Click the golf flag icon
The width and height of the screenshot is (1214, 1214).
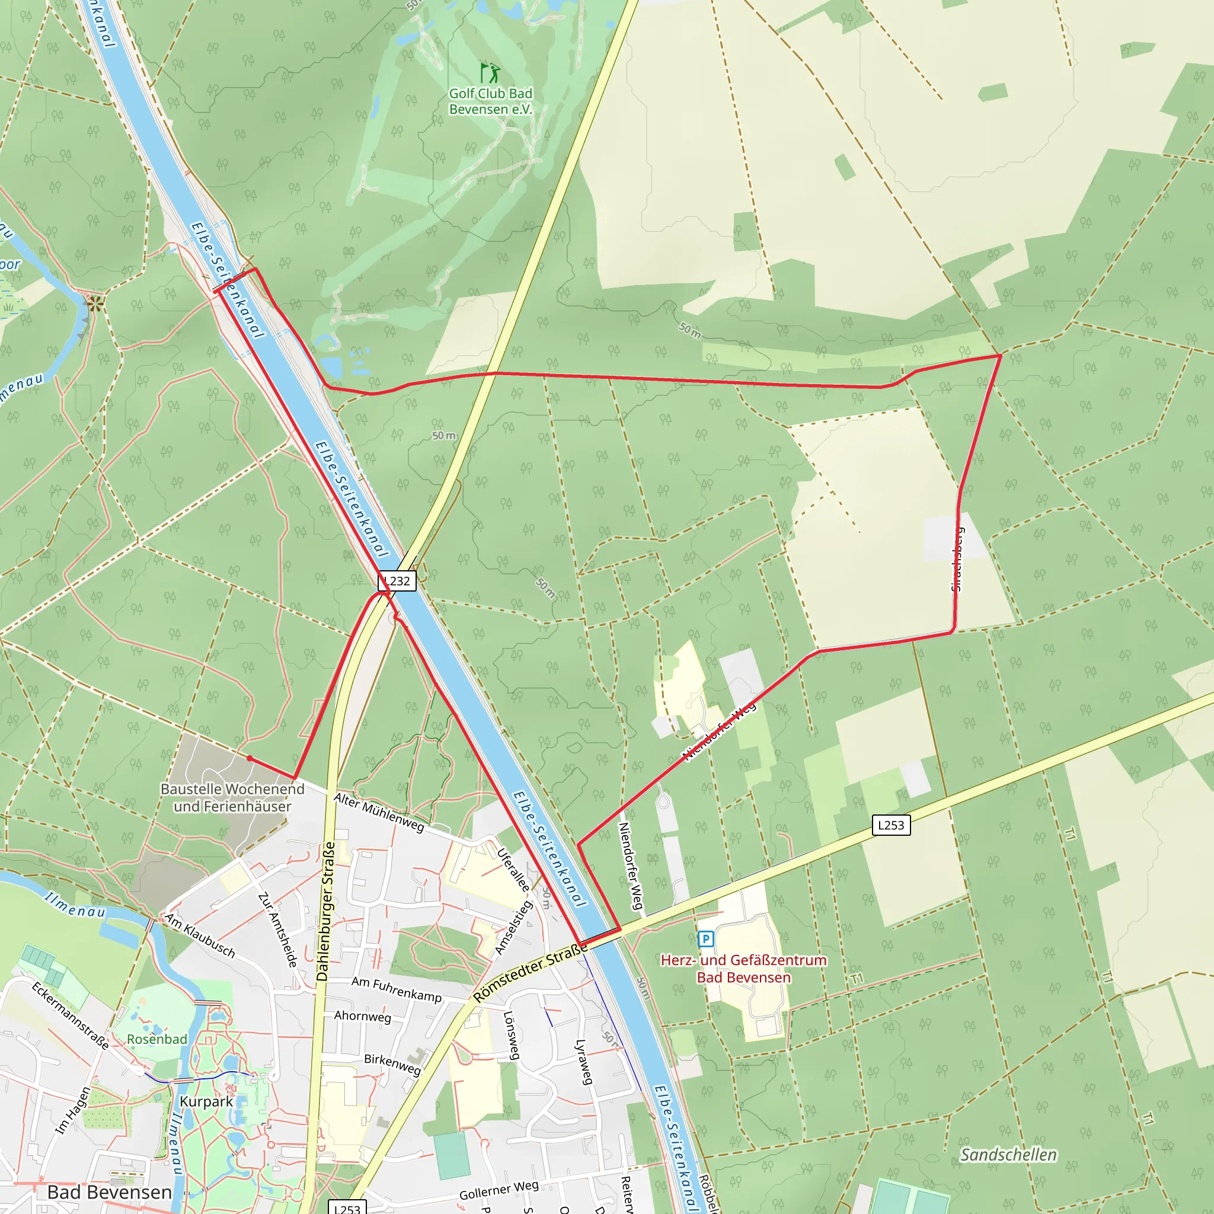tap(490, 72)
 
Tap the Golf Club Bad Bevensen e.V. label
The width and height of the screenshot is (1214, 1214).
tap(490, 101)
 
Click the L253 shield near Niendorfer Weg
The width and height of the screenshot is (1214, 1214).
tap(890, 825)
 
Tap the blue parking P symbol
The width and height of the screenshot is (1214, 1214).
tap(705, 939)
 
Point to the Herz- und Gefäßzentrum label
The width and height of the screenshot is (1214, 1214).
tap(743, 969)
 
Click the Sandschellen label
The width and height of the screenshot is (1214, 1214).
tap(1008, 1155)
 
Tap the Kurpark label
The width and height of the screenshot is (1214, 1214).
tap(206, 1101)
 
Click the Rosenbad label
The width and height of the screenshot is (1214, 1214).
tap(157, 1039)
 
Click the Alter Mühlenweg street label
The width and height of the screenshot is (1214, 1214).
tap(379, 813)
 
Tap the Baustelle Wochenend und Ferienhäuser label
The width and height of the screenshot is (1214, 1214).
tap(232, 797)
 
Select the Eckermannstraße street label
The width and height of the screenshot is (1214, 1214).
tap(71, 1015)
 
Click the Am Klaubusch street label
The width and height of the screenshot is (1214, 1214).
tap(200, 935)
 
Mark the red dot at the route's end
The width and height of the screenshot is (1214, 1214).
tap(250, 758)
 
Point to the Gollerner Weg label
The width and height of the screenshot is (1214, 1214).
tap(499, 1190)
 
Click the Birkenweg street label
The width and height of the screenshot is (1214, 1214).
tap(393, 1064)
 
